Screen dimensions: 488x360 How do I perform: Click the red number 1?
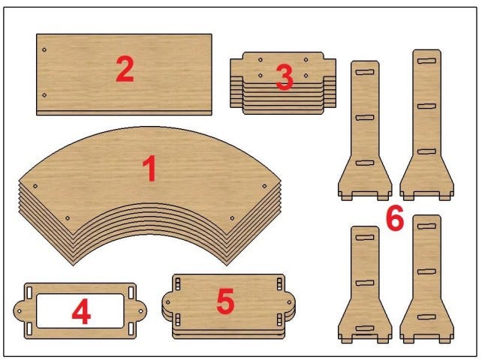(150, 168)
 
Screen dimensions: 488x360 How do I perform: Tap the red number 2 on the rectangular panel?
(125, 69)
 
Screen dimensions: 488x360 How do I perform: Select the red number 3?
(285, 77)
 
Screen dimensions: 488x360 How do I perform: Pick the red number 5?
(225, 301)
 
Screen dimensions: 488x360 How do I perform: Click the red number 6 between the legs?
(395, 217)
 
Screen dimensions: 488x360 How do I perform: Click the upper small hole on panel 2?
(44, 49)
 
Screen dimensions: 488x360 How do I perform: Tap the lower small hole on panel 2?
(44, 94)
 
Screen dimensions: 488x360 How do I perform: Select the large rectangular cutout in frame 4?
(80, 310)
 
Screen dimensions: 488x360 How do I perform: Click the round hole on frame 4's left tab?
(20, 311)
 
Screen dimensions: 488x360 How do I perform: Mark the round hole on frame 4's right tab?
(140, 311)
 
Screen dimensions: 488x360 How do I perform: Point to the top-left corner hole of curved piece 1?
(35, 186)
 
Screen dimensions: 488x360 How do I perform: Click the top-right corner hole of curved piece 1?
(264, 186)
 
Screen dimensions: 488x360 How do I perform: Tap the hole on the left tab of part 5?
(167, 302)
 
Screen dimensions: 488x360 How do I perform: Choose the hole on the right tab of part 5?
(289, 302)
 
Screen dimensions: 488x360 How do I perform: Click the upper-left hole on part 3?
(261, 60)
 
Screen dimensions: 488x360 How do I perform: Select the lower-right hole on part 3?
(306, 76)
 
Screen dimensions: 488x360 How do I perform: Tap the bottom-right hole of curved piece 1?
(232, 218)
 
